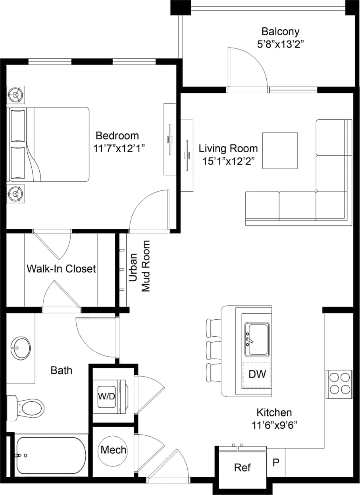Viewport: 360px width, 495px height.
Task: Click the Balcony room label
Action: [280, 31]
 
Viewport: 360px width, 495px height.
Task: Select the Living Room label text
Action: [228, 149]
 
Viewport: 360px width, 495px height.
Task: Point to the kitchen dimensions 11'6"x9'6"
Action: [275, 425]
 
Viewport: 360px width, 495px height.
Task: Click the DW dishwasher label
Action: [256, 374]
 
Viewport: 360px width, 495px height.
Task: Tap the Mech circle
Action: [113, 450]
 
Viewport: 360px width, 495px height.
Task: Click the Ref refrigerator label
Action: [242, 467]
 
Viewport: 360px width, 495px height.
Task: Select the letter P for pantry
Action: [276, 462]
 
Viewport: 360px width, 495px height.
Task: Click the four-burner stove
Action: [339, 384]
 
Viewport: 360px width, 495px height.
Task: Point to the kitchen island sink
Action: [257, 340]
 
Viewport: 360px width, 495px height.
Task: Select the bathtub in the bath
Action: [50, 455]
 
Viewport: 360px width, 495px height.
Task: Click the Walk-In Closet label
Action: [61, 269]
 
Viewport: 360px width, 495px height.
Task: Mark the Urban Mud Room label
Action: [140, 266]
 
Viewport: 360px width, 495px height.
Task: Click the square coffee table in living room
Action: [280, 151]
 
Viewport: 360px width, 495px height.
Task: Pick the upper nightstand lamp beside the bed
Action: [16, 95]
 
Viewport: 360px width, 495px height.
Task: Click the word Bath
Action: [62, 370]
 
